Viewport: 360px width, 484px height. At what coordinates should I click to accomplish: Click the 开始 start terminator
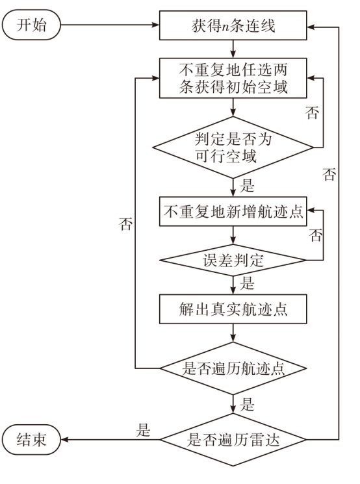pos(31,25)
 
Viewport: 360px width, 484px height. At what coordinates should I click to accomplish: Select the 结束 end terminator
pos(31,439)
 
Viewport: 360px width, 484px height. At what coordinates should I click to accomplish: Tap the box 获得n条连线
pos(233,25)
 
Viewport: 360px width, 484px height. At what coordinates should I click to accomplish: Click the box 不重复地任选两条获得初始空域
pos(233,78)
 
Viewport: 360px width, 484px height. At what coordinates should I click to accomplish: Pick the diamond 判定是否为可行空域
pos(233,147)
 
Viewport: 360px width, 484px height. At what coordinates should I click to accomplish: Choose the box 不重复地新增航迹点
pos(233,211)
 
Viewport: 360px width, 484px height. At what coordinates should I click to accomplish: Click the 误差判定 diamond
pos(233,261)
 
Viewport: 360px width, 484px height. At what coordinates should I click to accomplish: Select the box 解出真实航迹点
pos(233,309)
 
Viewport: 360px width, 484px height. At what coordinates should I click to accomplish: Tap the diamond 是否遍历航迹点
pos(233,368)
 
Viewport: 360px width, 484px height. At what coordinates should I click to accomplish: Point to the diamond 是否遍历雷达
pos(233,439)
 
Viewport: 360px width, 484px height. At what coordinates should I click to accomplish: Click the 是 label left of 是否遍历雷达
pos(143,429)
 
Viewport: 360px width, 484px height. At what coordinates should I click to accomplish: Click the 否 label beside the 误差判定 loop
pos(316,235)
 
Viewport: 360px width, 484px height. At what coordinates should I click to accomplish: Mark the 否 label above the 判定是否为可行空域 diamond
pos(312,112)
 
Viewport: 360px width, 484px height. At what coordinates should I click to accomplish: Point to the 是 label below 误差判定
pos(247,283)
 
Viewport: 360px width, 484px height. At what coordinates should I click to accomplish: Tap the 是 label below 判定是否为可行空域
pos(247,186)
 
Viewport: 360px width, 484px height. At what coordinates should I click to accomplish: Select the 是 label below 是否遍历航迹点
pos(247,403)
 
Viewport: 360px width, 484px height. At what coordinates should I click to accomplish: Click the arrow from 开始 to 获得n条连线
pos(110,25)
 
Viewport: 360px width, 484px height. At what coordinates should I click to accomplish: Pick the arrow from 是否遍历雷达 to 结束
pos(110,439)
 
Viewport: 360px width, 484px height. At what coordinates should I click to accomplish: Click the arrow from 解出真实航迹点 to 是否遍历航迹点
pos(233,333)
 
